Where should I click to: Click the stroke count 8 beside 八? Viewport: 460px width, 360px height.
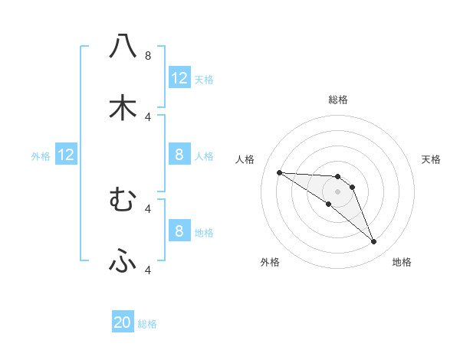(147, 56)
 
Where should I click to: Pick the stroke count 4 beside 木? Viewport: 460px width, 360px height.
(147, 116)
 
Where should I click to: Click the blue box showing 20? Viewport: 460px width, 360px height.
(123, 323)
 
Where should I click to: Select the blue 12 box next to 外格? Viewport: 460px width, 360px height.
(66, 155)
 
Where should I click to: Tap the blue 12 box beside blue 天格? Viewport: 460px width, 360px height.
(179, 78)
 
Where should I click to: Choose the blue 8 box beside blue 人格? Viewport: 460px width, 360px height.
(179, 155)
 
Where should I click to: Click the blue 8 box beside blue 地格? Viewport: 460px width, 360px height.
(179, 231)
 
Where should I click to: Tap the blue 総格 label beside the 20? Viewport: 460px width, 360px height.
(147, 325)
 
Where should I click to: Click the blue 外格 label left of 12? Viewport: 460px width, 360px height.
(41, 156)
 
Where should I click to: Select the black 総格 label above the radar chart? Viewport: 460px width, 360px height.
(338, 100)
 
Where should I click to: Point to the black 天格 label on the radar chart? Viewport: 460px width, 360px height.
(432, 159)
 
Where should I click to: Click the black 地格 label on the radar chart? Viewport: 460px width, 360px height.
(402, 262)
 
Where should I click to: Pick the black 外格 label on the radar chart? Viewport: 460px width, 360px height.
(270, 262)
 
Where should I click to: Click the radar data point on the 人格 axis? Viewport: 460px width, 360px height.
(279, 172)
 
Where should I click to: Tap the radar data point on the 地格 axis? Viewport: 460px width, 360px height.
(373, 242)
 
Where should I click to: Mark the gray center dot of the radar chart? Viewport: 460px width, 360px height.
(337, 191)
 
